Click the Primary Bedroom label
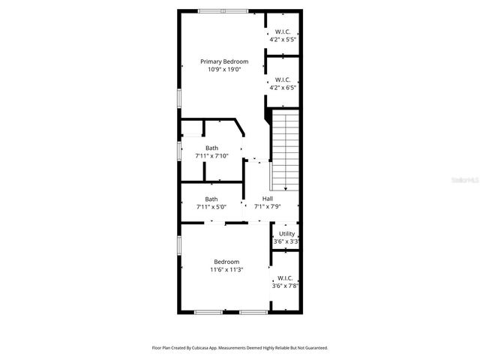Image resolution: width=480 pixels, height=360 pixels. (x=223, y=61)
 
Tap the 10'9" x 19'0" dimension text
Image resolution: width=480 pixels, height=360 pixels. (x=223, y=69)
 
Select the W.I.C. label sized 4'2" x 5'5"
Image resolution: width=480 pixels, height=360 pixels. (x=283, y=31)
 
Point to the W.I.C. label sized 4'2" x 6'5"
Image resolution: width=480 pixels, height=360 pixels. (x=283, y=79)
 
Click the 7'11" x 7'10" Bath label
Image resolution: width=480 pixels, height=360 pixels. (x=212, y=148)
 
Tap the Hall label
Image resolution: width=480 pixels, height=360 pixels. (x=267, y=199)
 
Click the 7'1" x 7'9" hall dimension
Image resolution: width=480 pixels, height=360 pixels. (x=267, y=206)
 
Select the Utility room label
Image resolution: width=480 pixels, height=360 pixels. (x=286, y=234)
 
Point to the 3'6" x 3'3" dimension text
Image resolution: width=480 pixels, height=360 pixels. (x=286, y=241)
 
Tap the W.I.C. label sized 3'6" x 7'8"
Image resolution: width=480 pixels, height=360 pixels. (x=286, y=277)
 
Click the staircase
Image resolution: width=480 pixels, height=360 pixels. (x=285, y=150)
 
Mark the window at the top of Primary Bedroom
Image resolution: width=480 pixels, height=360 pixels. (x=223, y=10)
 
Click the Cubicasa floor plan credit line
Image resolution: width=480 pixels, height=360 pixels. (x=239, y=348)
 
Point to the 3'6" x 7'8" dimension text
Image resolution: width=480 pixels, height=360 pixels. (x=286, y=285)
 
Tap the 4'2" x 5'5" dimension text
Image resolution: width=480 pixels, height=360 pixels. (x=283, y=39)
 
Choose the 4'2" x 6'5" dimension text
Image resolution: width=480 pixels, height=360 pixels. (x=283, y=87)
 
